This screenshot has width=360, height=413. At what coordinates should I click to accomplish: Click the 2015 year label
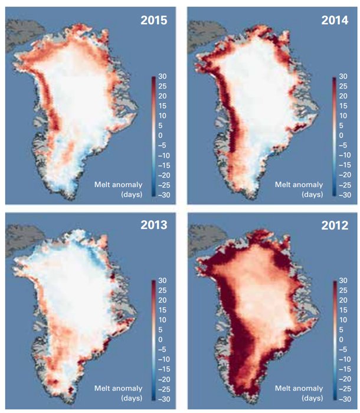point(154,20)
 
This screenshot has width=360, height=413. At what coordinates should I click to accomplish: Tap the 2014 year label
point(335,20)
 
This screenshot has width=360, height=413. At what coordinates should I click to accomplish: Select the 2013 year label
point(154,225)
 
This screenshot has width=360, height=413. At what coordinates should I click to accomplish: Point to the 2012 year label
point(335,225)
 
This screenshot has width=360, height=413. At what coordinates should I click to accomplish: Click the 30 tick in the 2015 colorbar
point(162,76)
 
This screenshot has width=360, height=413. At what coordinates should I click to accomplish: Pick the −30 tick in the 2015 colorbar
point(164,195)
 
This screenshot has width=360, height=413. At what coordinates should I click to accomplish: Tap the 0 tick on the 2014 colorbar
point(341,135)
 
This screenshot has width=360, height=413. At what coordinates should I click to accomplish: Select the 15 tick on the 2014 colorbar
point(343,106)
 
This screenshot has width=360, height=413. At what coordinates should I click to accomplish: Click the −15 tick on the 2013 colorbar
point(164,369)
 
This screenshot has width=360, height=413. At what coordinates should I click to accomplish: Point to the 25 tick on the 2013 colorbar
point(162,290)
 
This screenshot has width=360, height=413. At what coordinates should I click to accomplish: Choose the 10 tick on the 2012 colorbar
point(343,320)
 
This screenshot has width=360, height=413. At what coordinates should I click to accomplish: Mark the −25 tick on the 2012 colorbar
point(345,389)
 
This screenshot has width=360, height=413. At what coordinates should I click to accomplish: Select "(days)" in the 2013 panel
point(132,398)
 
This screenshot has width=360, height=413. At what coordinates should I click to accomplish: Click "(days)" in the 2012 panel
point(313,398)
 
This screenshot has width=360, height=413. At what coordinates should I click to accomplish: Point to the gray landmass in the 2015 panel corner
point(22,33)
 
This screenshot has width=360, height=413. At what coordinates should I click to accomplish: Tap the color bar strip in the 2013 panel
point(154,340)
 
